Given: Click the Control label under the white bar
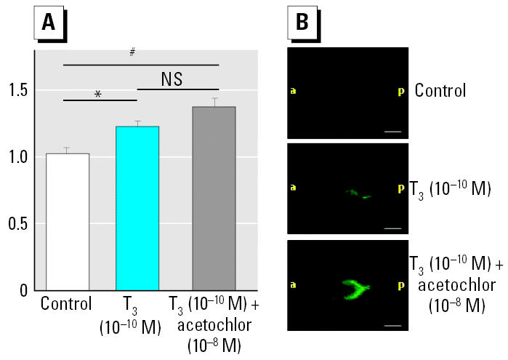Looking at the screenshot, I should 67,304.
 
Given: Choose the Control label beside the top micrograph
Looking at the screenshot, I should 440,92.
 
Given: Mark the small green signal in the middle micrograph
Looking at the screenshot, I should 358,194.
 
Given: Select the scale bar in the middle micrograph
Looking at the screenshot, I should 393,228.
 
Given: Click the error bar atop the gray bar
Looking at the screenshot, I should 214,102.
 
